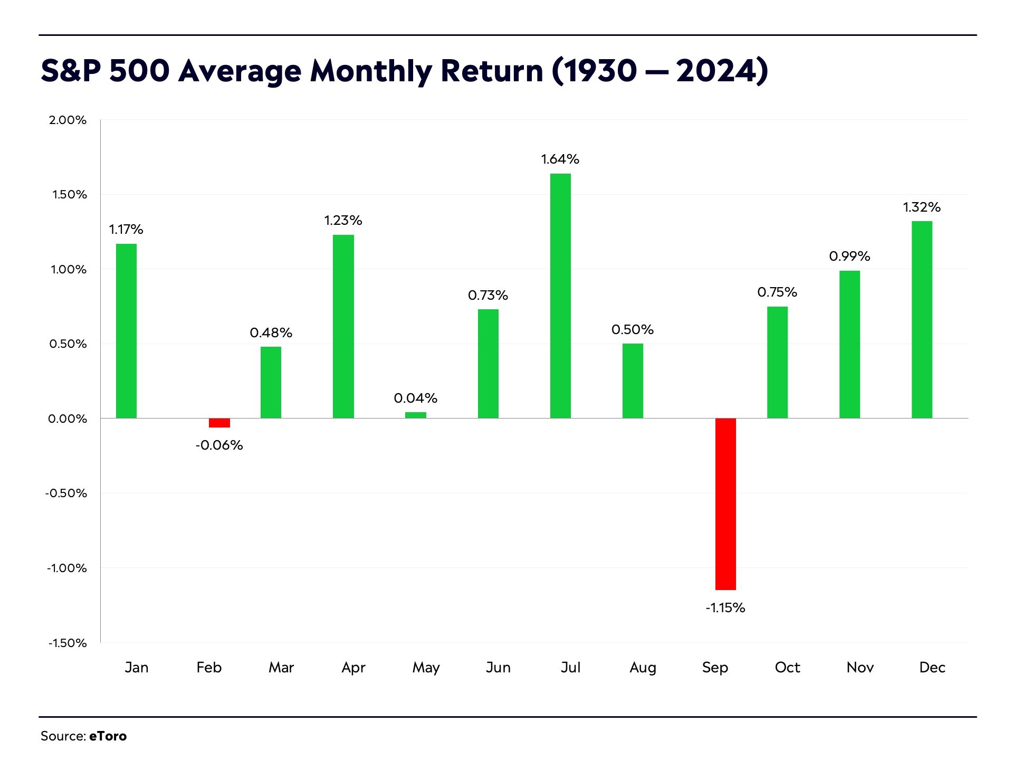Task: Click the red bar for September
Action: pos(725,504)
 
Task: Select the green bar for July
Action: pos(560,296)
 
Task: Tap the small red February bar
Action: pos(219,423)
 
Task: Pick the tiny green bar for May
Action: pos(416,415)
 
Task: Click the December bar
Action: pos(922,320)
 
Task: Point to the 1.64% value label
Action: pos(560,159)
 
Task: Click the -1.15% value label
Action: pos(725,608)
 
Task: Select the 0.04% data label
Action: pos(416,398)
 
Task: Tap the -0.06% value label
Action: pos(219,445)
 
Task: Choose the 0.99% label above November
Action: pos(849,256)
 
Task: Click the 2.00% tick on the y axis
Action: pos(68,120)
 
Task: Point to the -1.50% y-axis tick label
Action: pos(68,643)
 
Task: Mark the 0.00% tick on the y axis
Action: pos(68,419)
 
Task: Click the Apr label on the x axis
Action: pos(353,668)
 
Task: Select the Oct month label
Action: pos(787,668)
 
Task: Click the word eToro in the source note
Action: pos(108,736)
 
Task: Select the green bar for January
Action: pos(127,331)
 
